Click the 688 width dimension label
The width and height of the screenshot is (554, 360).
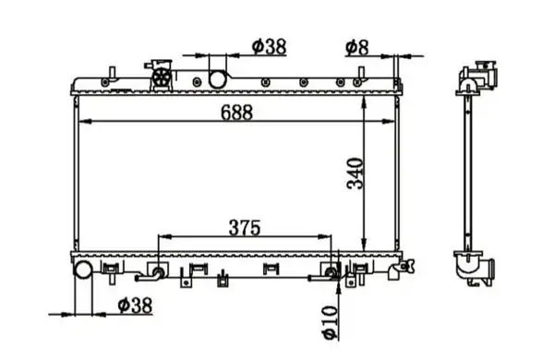click(236, 113)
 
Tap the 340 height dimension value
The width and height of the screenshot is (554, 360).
click(355, 174)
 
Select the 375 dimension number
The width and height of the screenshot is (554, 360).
click(245, 227)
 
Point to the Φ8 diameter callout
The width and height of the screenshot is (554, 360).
click(356, 48)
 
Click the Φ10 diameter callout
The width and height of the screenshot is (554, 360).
click(330, 322)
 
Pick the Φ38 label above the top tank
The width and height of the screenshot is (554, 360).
click(270, 46)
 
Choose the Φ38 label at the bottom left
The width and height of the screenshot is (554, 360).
click(135, 306)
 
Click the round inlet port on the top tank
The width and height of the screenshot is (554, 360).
click(217, 79)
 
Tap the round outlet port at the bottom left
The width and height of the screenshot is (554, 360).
click(83, 270)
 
